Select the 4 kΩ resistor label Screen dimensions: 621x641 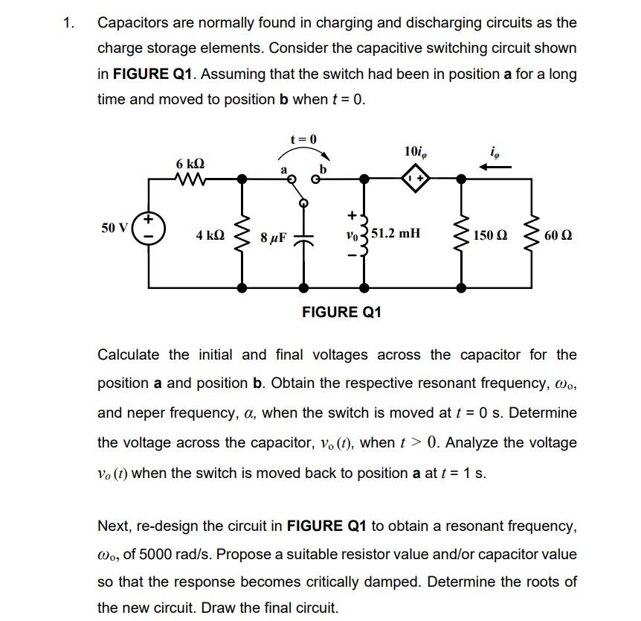[x=210, y=235]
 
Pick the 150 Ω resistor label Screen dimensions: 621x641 [x=491, y=235]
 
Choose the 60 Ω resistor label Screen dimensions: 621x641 [x=557, y=235]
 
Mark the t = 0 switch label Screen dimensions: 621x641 [x=303, y=139]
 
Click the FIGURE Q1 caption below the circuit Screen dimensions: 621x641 [x=341, y=312]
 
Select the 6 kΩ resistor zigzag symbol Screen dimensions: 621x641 [x=190, y=179]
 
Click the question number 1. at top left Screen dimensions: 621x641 [x=68, y=22]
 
